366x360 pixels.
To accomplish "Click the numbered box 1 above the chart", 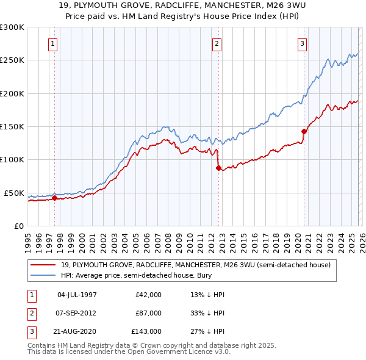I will [x=54, y=43].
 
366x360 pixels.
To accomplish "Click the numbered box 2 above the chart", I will [x=217, y=43].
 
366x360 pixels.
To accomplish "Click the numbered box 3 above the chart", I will [x=302, y=43].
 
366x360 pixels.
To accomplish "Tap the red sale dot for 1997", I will [x=54, y=198].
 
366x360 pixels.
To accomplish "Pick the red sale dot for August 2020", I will [x=303, y=131].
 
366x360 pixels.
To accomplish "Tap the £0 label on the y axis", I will [x=18, y=226].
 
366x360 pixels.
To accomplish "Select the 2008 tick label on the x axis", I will [x=168, y=238].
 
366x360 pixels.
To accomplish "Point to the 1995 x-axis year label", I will [x=28, y=238].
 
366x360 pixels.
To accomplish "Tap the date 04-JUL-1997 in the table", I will [x=76, y=295].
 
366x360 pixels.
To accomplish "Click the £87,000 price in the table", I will [x=148, y=313].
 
